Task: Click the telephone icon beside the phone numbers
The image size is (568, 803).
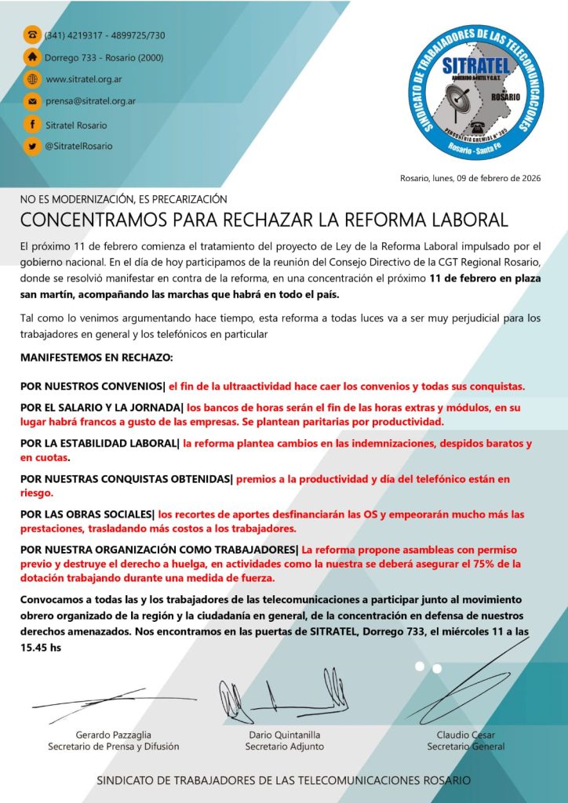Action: [x=32, y=35]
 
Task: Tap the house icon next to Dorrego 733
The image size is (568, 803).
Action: [x=32, y=57]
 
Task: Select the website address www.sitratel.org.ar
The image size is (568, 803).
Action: [x=84, y=79]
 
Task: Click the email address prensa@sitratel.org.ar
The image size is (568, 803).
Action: [x=90, y=101]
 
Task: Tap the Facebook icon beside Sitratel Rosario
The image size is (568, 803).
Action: [x=32, y=124]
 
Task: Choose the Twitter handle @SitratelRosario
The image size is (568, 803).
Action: [x=78, y=146]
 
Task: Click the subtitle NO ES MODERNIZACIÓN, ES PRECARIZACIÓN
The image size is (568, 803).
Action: [x=123, y=199]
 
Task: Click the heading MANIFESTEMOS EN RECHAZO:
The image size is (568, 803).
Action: [x=96, y=358]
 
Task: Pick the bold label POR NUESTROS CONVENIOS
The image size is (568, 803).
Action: [x=91, y=387]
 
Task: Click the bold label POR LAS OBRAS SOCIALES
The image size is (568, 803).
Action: [x=87, y=514]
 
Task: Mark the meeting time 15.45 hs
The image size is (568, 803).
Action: [x=40, y=649]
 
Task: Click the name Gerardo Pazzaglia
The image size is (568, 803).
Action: [x=113, y=735]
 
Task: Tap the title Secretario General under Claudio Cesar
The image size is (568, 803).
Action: [x=465, y=747]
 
